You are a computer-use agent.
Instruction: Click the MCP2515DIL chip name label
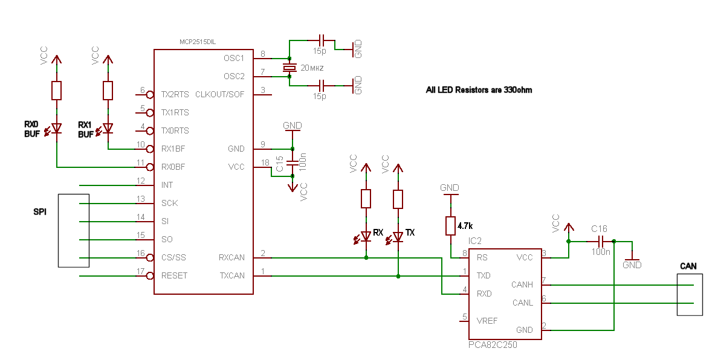click(198, 42)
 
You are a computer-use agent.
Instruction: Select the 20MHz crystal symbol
click(289, 68)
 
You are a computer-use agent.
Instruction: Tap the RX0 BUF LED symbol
click(56, 129)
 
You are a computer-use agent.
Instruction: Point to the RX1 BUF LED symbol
click(108, 129)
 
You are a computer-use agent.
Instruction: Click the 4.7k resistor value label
click(465, 225)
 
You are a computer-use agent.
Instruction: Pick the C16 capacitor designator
click(599, 229)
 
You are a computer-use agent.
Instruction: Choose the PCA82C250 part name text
click(493, 345)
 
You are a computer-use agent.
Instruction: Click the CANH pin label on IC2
click(523, 284)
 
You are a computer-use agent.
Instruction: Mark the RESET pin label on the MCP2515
click(174, 275)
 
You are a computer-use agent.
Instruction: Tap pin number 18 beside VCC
click(265, 162)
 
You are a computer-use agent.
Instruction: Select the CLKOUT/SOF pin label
click(220, 94)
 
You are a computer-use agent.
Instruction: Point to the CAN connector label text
click(688, 266)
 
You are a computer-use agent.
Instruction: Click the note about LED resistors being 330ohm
click(479, 89)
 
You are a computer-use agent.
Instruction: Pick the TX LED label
click(410, 232)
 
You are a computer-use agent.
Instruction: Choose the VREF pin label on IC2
click(487, 321)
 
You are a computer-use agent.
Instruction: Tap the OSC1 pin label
click(234, 58)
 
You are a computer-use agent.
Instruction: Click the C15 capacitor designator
click(280, 164)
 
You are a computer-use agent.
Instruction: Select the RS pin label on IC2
click(482, 257)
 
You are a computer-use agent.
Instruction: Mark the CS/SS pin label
click(173, 257)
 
